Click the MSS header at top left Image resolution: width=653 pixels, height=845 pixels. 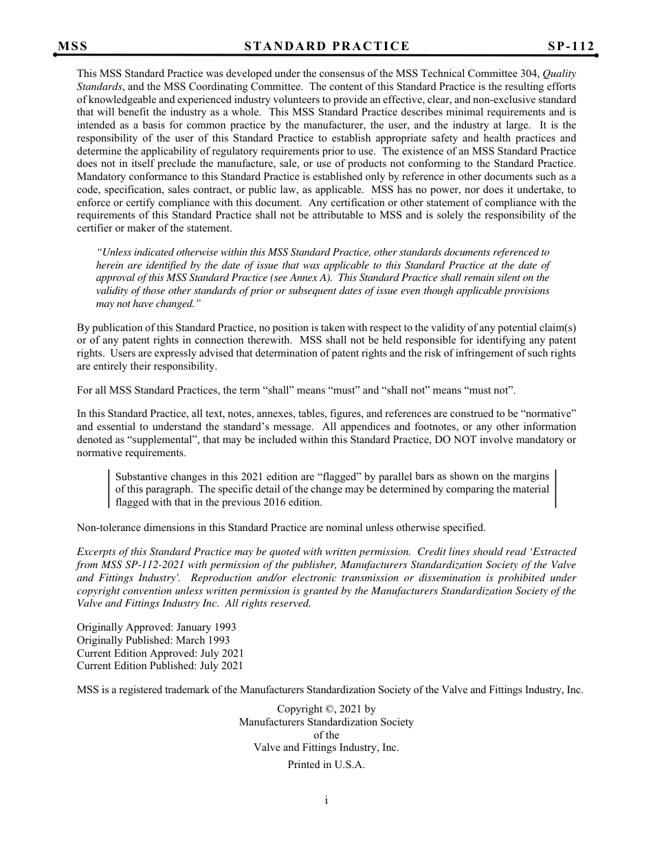pos(73,47)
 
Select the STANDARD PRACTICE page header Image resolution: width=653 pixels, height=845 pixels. pos(326,47)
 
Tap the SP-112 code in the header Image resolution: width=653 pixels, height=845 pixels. pos(571,47)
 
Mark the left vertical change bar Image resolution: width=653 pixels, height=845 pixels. pos(109,488)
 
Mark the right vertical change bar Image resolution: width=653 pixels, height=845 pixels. pos(555,488)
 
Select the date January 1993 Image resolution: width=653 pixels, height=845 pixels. pos(206,627)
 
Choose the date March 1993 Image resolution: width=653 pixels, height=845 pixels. pos(205,640)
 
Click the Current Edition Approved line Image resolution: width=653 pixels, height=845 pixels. pos(160,653)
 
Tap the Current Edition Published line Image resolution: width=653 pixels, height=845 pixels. pos(160,666)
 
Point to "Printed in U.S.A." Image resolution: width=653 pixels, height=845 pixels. pos(326,765)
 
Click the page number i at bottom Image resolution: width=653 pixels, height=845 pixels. pos(326,800)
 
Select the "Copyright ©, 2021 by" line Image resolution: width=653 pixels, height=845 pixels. pos(326,709)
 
